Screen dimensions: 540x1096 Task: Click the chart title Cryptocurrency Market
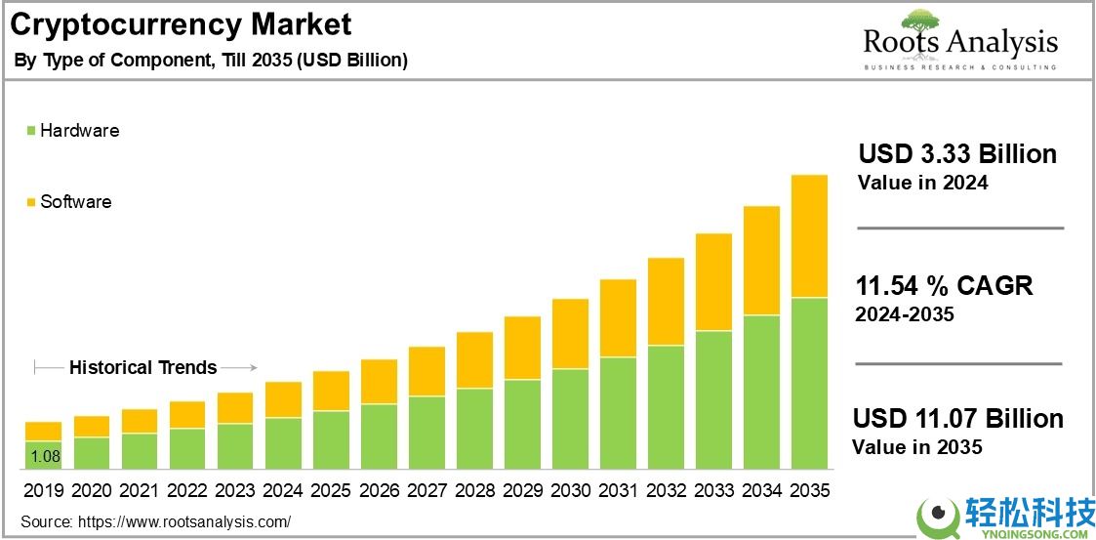(182, 23)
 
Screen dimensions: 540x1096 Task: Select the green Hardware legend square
(31, 131)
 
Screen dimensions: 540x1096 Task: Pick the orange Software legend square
(31, 202)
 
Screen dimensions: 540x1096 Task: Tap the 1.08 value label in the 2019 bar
(43, 456)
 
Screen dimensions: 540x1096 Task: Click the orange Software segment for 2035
(809, 235)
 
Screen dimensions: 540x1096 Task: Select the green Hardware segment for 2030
(570, 419)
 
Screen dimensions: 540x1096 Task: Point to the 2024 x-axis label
(283, 490)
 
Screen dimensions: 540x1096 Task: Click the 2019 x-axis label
(43, 490)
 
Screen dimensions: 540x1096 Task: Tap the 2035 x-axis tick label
(809, 490)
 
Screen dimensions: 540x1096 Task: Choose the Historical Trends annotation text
(143, 368)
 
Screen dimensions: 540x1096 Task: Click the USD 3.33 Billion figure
(956, 154)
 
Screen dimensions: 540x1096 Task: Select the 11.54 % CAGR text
(944, 286)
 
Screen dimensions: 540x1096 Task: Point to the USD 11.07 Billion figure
(957, 419)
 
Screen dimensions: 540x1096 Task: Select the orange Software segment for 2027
(426, 371)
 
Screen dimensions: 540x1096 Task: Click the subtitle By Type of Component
(211, 61)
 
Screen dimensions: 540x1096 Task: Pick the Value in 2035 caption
(916, 447)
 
